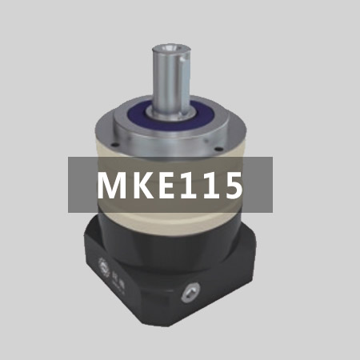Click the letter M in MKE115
pos(112,185)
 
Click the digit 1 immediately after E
pos(189,185)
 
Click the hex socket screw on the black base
pos(190,293)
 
